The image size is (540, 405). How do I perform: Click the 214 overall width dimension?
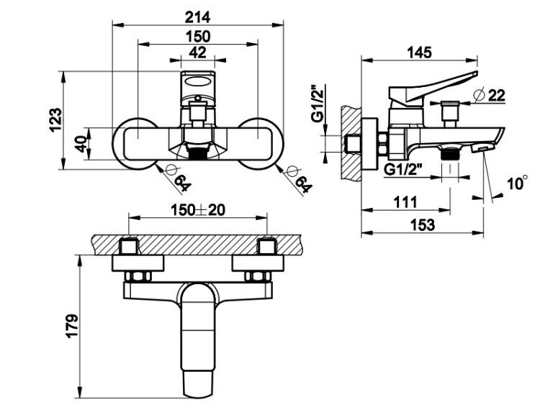point(198,17)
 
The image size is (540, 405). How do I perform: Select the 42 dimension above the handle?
point(198,53)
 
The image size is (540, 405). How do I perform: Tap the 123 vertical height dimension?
point(55,119)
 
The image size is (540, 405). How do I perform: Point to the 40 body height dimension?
point(81,144)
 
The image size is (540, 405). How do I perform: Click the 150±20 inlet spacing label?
point(198,210)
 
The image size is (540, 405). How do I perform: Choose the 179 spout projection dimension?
point(72,326)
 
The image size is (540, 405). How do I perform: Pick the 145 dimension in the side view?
point(419,53)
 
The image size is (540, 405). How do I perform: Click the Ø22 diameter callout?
point(490,95)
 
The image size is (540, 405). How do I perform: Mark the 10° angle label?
point(517,183)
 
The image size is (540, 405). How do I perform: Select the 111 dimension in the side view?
point(405,202)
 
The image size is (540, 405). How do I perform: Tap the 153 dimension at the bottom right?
point(423,225)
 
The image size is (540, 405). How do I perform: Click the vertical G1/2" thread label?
point(318,104)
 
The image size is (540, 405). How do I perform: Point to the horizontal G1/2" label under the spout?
point(403,169)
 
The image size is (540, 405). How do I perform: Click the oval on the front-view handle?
point(198,82)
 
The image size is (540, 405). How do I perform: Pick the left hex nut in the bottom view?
point(138,276)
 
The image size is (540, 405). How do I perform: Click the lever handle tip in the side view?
point(476,73)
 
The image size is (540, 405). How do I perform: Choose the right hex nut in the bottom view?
point(258,276)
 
